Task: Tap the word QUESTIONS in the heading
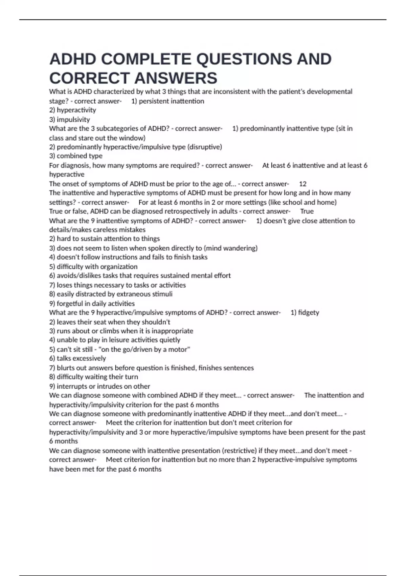pos(244,59)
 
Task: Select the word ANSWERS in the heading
pos(176,78)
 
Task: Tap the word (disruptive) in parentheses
pos(205,147)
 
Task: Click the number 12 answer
pos(303,184)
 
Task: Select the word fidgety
pos(309,312)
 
